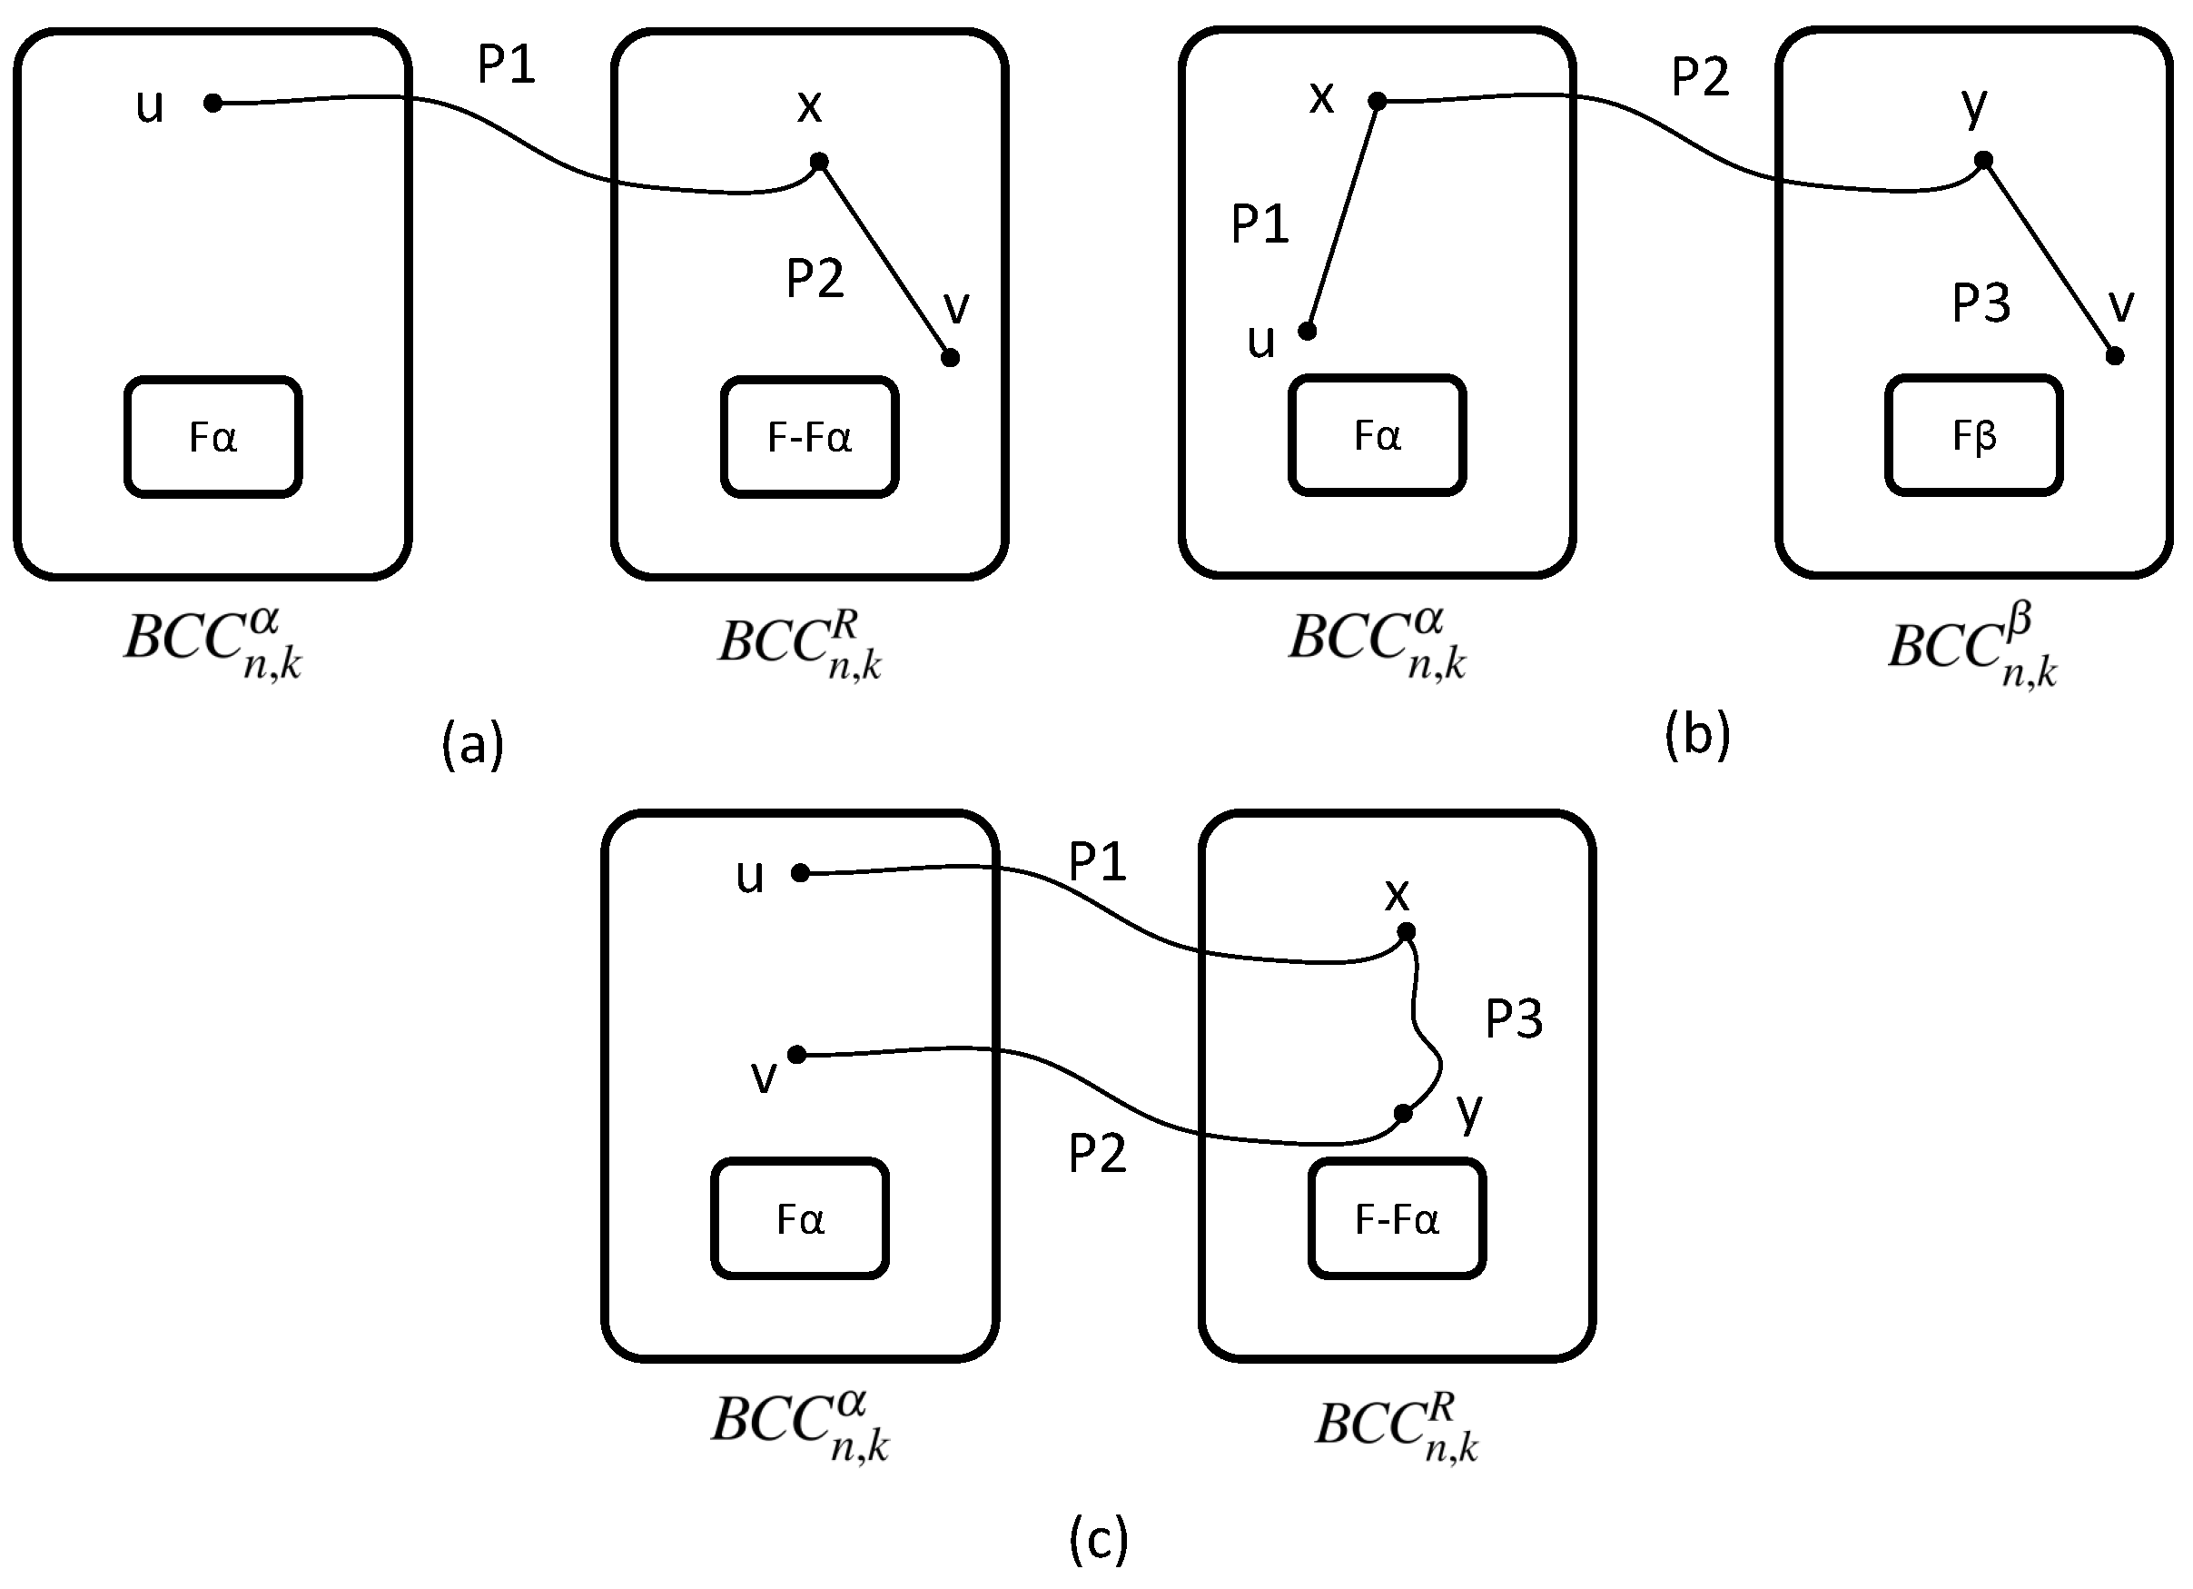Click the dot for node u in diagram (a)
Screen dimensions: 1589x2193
tap(213, 103)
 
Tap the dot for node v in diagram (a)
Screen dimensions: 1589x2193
tap(951, 358)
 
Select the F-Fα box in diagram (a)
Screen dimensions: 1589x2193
tap(809, 437)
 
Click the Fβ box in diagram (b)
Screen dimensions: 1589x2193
tap(1973, 435)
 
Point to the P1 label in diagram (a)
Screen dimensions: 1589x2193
tap(507, 65)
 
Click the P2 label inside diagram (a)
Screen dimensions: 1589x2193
tap(815, 279)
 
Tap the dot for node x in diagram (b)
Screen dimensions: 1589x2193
tap(1378, 101)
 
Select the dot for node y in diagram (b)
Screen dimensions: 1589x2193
tap(1983, 161)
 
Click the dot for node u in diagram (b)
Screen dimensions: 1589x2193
tap(1308, 332)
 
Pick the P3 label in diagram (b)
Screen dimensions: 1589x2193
tap(1981, 303)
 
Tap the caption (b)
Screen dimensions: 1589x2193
tap(1698, 734)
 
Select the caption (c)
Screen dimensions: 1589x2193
tap(1099, 1538)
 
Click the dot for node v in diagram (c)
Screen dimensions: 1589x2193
tap(797, 1054)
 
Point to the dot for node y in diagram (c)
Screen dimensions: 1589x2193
tap(1403, 1114)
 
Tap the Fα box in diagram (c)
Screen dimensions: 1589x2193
tap(800, 1218)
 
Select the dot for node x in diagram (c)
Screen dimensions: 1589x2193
tap(1407, 931)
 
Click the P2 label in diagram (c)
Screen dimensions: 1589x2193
tap(1098, 1154)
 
